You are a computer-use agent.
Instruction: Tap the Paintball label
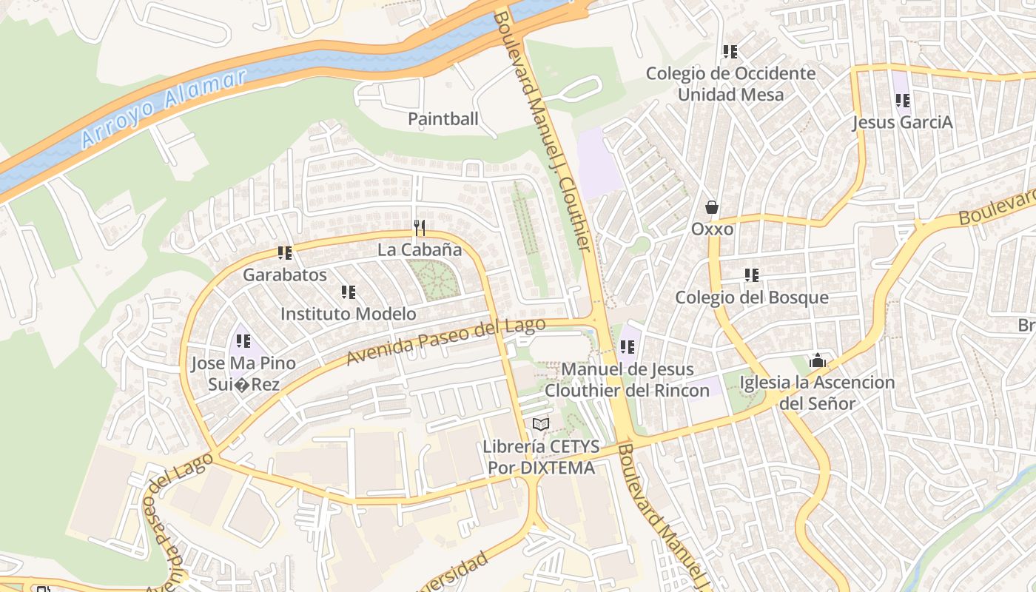tap(443, 118)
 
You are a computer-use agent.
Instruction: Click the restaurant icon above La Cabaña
tap(420, 227)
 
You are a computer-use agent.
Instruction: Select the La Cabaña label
tap(420, 249)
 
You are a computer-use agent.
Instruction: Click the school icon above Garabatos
tap(285, 253)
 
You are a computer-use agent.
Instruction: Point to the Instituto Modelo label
tap(348, 314)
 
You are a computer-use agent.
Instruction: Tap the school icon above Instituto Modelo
tap(349, 292)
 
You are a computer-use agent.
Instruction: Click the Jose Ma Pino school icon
tap(243, 341)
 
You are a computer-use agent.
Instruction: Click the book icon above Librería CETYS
tap(541, 425)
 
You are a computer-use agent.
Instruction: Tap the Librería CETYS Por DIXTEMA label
tap(540, 457)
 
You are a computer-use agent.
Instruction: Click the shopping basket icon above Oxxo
tap(712, 207)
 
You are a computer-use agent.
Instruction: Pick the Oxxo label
tap(712, 229)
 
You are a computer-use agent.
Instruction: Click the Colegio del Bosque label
tap(751, 297)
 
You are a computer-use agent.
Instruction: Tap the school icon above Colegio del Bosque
tap(752, 275)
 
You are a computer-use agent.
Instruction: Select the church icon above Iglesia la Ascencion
tap(818, 361)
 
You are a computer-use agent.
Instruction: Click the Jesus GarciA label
tap(902, 122)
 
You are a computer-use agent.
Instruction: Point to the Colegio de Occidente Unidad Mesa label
tap(730, 84)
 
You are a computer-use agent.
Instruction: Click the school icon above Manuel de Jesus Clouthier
tap(628, 347)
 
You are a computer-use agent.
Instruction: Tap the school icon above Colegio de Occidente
tap(730, 52)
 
